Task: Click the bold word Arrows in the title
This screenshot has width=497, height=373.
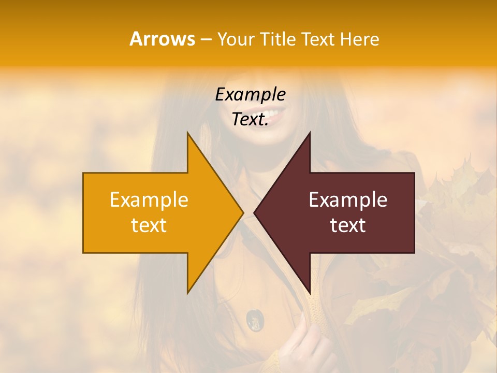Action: point(162,39)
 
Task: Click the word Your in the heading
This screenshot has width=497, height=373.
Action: point(236,39)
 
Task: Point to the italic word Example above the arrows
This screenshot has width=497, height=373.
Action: point(250,95)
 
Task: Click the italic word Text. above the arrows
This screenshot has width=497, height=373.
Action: point(250,119)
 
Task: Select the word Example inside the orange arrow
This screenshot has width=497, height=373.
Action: point(149,200)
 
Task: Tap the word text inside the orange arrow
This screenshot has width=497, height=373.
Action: point(149,225)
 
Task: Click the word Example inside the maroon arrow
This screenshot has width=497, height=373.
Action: point(348,200)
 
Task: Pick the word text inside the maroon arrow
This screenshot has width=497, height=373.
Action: point(348,225)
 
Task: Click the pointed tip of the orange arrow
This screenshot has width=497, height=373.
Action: point(242,212)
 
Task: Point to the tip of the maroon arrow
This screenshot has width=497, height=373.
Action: point(255,212)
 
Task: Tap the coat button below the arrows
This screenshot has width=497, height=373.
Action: point(254,319)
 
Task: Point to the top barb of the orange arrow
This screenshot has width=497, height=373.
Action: point(188,136)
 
